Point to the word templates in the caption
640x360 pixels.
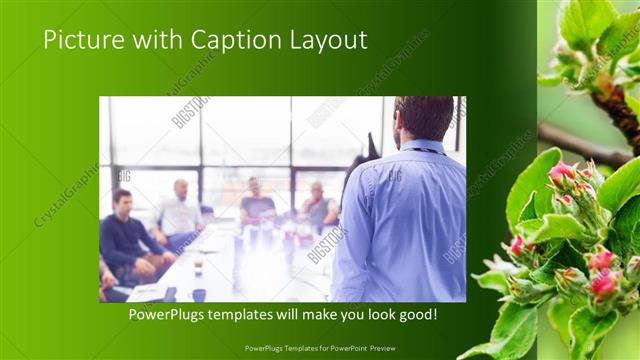(258, 315)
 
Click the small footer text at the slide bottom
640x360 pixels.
(320, 347)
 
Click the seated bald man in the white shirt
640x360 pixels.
(180, 210)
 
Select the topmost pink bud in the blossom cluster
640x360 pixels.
(562, 171)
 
